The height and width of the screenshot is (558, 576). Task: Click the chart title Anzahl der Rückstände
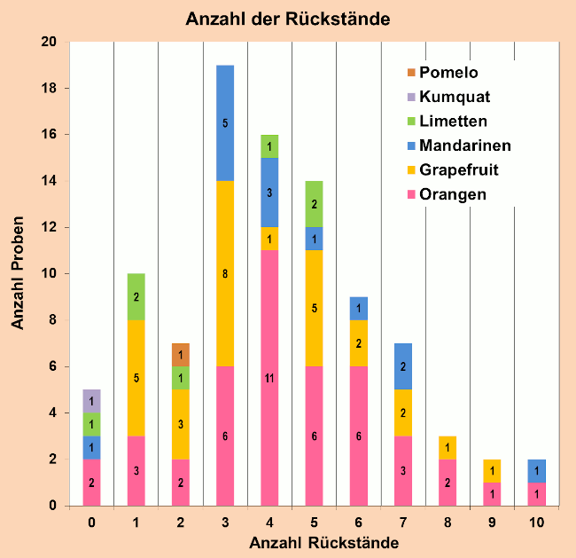pos(287,19)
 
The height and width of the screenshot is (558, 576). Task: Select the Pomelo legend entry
pos(448,73)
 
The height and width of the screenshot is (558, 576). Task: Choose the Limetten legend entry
pos(453,121)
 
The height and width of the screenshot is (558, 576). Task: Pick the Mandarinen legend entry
pos(464,145)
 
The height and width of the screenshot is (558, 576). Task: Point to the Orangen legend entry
pos(453,194)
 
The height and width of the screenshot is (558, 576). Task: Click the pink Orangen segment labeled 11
pos(269,378)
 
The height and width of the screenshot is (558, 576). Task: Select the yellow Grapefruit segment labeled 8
pos(225,273)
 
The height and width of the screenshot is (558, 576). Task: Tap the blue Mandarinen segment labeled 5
pos(225,122)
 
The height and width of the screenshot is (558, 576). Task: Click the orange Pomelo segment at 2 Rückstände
pos(181,355)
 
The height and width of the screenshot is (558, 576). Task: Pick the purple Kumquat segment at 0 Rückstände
pos(92,401)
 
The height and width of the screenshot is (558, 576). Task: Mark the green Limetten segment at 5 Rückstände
pos(314,204)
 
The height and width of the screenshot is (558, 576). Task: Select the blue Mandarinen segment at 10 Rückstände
pos(536,471)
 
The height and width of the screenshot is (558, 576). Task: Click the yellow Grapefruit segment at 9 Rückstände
pos(492,471)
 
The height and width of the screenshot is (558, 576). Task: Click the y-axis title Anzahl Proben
pos(19,273)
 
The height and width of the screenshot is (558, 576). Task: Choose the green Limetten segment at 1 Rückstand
pos(136,297)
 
